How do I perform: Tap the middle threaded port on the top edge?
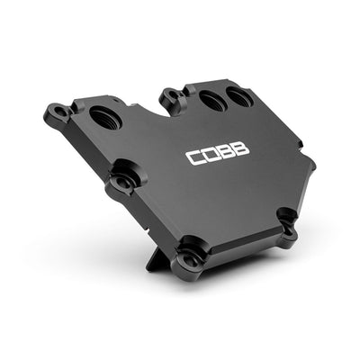tap(211, 102)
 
